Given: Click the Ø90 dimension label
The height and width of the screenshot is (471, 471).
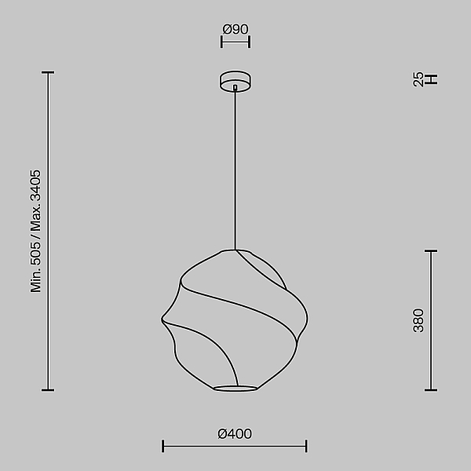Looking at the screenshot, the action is click(235, 29).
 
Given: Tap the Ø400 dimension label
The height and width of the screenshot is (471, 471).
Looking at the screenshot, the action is click(235, 434).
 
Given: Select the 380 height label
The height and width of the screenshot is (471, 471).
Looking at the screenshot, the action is click(418, 320).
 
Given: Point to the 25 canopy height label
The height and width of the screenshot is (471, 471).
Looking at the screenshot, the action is click(418, 79).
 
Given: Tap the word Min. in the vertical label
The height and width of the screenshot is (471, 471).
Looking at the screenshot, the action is click(35, 280).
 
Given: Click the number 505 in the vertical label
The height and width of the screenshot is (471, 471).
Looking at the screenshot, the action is click(35, 254).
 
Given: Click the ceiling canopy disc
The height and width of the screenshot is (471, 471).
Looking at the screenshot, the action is click(235, 81).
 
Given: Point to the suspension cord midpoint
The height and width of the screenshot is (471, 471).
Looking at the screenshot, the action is click(235, 170).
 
